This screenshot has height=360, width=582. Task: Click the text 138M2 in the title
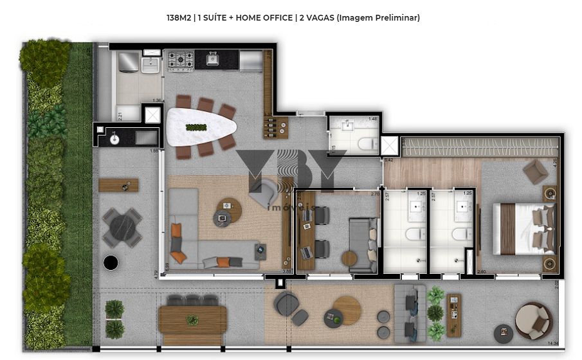click(x=179, y=18)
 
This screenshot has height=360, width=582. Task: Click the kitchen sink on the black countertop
click(x=212, y=61)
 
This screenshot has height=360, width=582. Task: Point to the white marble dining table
click(x=199, y=127)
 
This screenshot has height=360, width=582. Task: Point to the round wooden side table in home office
click(x=349, y=259)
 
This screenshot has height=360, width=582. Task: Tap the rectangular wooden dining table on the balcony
click(x=192, y=319)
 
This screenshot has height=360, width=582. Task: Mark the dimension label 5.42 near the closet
click(x=388, y=159)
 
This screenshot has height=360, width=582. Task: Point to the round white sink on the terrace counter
click(x=114, y=138)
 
